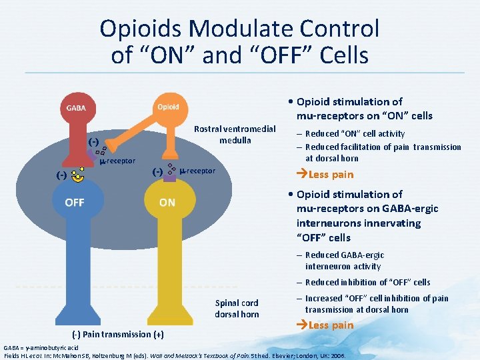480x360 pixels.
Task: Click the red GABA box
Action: (x=76, y=108)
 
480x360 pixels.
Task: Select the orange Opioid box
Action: (x=168, y=107)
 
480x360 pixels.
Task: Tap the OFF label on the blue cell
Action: (x=75, y=202)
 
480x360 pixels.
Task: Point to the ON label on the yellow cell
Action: (x=167, y=202)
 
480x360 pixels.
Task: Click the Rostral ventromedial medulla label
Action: (x=234, y=134)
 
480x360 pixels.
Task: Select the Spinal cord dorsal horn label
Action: (x=237, y=308)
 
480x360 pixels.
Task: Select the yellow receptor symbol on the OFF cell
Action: (x=79, y=175)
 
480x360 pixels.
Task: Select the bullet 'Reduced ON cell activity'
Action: (x=355, y=134)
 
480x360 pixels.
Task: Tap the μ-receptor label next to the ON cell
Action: (x=198, y=171)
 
